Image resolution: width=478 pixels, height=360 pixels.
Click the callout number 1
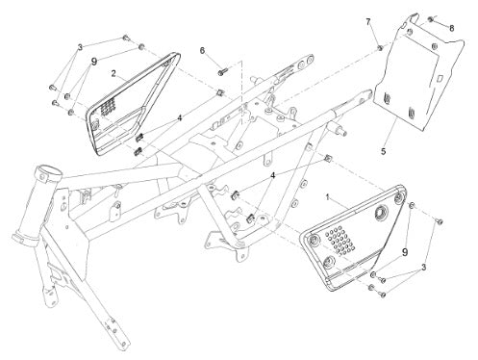(327, 197)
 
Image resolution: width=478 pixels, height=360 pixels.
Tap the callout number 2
(113, 73)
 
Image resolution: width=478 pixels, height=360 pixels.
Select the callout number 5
(384, 151)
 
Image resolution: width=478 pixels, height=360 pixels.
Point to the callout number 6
(202, 51)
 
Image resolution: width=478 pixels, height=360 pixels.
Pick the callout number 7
(368, 21)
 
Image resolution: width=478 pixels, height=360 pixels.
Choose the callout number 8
(452, 28)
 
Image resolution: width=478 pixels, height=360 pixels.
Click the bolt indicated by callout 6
(223, 71)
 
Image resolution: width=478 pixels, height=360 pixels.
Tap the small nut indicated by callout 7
(379, 48)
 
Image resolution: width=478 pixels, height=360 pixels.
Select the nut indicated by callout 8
(431, 19)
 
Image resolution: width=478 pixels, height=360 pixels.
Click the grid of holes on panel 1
(340, 240)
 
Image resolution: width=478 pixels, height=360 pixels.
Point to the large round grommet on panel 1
(382, 213)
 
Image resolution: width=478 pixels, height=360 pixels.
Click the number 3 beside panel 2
(80, 47)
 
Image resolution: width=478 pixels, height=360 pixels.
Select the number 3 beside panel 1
(424, 267)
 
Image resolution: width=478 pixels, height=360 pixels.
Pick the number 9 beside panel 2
(94, 62)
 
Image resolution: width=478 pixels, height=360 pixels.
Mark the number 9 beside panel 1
(405, 252)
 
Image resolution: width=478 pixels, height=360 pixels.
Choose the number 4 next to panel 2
(180, 118)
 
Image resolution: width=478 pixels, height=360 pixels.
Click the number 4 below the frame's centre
(273, 175)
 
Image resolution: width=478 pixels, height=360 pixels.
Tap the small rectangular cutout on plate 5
(440, 78)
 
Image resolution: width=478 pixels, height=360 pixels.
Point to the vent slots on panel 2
(109, 105)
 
